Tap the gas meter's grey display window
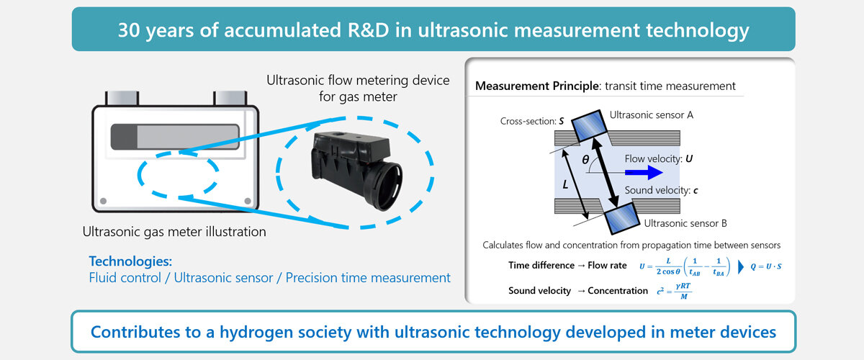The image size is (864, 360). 175,137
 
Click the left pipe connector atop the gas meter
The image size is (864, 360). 121,98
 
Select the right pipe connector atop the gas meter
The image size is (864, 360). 228,98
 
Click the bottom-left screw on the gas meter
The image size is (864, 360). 104,200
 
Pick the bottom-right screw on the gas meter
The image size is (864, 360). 247,200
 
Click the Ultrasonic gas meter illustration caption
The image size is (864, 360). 174,232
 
